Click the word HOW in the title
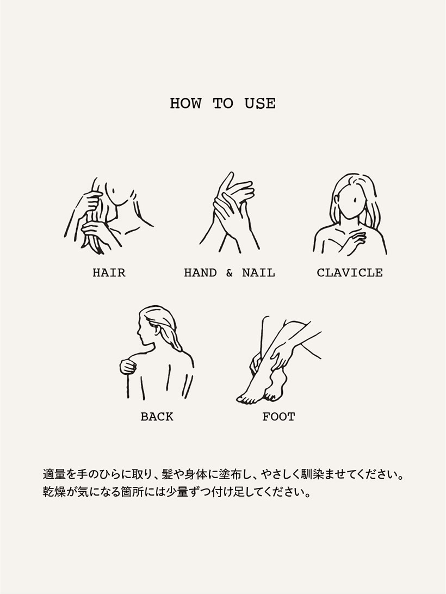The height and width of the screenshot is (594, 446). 185,103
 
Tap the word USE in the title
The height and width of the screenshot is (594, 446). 260,103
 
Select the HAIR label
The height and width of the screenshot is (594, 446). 109,273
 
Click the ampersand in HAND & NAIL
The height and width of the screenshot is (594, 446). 230,273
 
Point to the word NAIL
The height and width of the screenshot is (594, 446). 258,273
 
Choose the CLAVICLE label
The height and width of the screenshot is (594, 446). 350,273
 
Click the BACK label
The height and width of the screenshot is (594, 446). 157,417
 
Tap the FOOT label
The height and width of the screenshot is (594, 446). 278,417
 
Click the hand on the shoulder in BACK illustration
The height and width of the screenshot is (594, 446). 128,366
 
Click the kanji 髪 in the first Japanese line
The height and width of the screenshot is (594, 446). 168,474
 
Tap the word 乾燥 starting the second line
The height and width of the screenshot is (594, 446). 54,492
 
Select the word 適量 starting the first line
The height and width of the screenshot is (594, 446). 54,474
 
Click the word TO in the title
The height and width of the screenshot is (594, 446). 223,103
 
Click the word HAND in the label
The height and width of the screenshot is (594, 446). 201,273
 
